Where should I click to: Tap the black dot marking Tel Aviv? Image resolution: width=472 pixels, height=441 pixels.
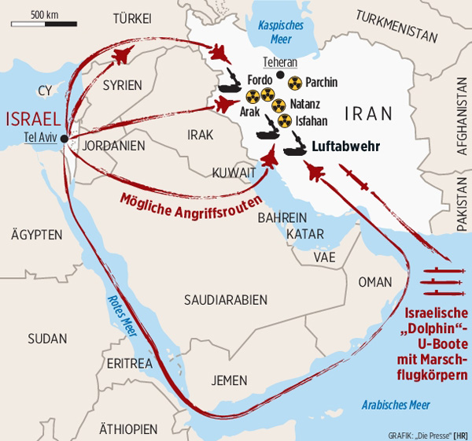[x=62, y=141]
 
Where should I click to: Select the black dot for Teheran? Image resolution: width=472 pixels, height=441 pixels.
[x=281, y=76]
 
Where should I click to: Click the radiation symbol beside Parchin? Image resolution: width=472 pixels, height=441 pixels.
[x=293, y=83]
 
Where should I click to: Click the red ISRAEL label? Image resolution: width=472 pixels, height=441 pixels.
[x=35, y=119]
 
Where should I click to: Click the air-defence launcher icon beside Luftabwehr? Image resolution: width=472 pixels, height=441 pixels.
[x=298, y=147]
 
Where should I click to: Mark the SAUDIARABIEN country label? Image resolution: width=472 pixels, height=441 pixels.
[x=225, y=299]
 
